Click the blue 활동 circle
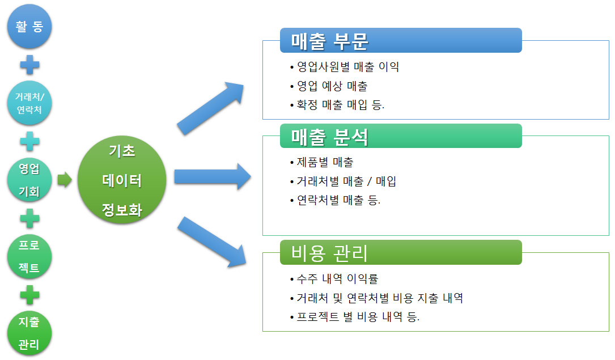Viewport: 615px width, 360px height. tap(29, 27)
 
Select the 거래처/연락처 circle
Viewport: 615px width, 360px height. tap(29, 103)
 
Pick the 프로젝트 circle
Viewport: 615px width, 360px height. tap(29, 256)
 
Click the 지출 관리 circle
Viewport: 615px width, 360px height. tap(29, 333)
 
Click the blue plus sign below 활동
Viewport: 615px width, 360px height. tap(29, 65)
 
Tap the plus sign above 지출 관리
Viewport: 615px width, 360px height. tap(29, 295)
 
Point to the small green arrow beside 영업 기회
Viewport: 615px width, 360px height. tap(65, 180)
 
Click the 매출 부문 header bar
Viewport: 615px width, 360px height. tap(400, 40)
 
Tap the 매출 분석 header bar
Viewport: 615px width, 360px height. tap(400, 136)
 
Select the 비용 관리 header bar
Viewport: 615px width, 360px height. tap(400, 252)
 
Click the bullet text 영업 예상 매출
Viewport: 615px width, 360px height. tap(332, 86)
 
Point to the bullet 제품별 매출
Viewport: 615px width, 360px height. tap(325, 162)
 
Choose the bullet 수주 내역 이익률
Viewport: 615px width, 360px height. tap(337, 278)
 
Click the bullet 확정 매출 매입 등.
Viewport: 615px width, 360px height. tap(341, 105)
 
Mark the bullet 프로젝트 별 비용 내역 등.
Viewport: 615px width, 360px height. tap(358, 316)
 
